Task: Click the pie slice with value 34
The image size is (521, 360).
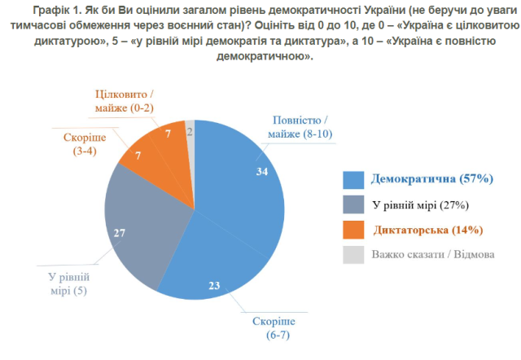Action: [x=244, y=187]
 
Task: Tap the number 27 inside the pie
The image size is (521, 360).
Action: [x=120, y=234]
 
